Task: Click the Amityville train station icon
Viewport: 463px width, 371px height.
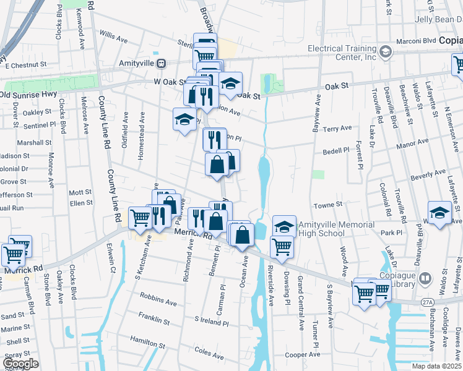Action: coord(161,63)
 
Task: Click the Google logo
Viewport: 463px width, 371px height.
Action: coord(20,364)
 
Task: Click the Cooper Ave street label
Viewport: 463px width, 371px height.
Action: coord(303,355)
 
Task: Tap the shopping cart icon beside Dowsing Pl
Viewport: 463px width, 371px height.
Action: coord(282,245)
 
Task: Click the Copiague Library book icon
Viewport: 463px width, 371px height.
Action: coord(425,278)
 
